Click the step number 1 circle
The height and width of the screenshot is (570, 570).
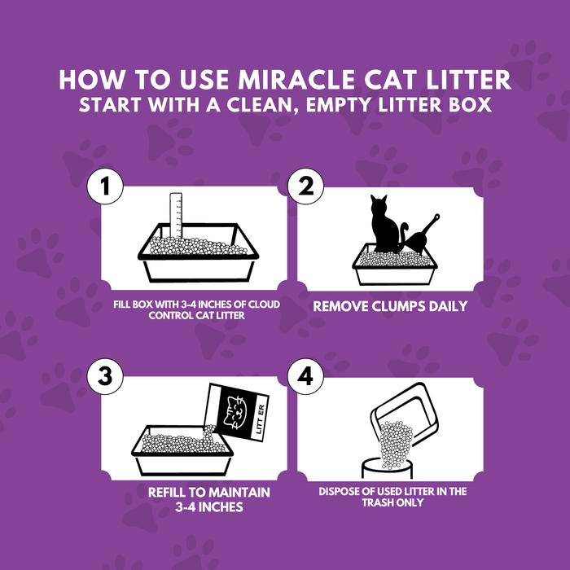pyautogui.click(x=105, y=186)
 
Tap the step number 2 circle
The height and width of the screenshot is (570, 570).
pyautogui.click(x=305, y=186)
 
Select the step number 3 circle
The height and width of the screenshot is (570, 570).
pyautogui.click(x=105, y=376)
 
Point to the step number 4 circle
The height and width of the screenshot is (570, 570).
pyautogui.click(x=305, y=376)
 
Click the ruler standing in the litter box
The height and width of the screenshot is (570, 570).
pyautogui.click(x=176, y=215)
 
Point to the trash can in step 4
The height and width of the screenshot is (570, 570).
pyautogui.click(x=387, y=468)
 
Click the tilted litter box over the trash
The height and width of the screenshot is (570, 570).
pyautogui.click(x=404, y=414)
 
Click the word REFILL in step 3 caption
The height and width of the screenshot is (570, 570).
pyautogui.click(x=166, y=493)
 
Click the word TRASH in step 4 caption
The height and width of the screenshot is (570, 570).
pyautogui.click(x=377, y=502)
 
